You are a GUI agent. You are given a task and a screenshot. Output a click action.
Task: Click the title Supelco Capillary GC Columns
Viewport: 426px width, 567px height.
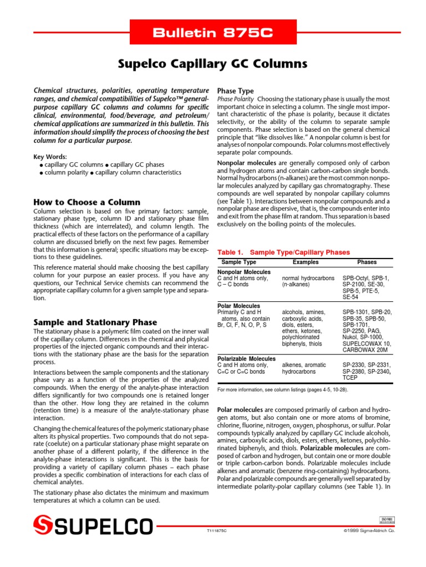(213, 64)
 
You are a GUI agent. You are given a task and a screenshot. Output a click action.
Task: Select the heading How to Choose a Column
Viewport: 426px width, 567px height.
(87, 202)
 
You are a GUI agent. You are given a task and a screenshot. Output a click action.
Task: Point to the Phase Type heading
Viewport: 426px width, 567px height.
(235, 91)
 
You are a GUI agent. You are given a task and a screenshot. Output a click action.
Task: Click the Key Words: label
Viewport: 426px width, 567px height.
(50, 157)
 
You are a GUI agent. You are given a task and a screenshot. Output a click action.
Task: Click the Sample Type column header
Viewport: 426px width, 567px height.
(239, 262)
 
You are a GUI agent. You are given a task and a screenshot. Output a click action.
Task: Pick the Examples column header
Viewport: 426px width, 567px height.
(306, 262)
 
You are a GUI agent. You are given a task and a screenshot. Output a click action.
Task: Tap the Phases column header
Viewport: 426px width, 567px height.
(367, 262)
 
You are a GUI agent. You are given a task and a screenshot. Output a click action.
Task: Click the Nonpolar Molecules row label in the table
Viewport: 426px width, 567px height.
(244, 272)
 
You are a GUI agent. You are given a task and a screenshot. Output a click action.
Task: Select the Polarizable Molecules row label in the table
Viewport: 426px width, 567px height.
(246, 359)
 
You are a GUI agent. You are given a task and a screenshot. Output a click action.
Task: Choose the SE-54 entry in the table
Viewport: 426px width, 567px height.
(351, 297)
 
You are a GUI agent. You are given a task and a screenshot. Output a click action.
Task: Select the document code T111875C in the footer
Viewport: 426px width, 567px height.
(217, 530)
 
